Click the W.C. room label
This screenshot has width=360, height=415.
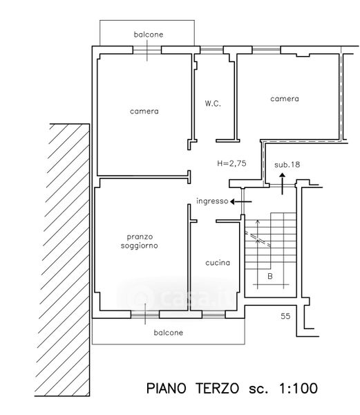click(213, 103)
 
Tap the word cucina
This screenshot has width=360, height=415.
click(218, 263)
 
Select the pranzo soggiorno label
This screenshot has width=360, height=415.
click(140, 241)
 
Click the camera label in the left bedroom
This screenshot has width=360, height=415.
click(144, 111)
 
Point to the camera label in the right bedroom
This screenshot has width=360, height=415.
click(285, 99)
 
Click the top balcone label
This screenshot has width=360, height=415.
click(149, 35)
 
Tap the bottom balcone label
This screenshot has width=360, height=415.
click(169, 333)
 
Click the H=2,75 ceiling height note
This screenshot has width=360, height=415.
click(231, 163)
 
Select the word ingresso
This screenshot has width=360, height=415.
click(212, 201)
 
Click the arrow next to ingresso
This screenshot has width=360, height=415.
click(240, 202)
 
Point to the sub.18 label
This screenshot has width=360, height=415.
click(287, 165)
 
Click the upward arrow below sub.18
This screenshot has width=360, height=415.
click(283, 184)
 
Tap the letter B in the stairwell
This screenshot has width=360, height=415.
click(270, 276)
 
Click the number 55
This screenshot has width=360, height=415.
click(285, 316)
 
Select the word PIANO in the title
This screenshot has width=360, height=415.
click(167, 389)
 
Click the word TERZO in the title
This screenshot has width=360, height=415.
click(217, 389)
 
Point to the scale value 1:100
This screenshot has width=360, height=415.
click(298, 389)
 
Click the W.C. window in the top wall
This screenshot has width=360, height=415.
click(211, 50)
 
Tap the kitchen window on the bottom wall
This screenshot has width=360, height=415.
click(214, 315)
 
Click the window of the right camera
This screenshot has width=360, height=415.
click(266, 50)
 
